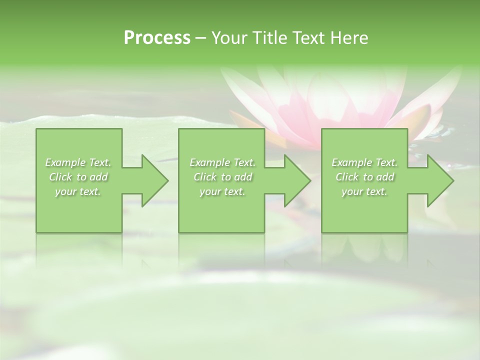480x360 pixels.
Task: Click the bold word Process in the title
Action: [x=157, y=38]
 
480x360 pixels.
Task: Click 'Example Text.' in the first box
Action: [x=78, y=162]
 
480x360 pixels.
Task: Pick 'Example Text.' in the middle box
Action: [x=222, y=162]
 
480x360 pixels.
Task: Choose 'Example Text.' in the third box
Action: [x=364, y=162]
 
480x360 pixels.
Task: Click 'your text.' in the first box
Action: [x=78, y=191]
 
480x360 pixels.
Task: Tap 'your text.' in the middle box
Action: [x=222, y=191]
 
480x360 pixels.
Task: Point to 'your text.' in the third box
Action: [x=364, y=191]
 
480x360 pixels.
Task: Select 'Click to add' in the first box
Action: [x=78, y=177]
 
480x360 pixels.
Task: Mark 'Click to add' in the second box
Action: [x=222, y=177]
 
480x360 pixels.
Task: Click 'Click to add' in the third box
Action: [x=364, y=177]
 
